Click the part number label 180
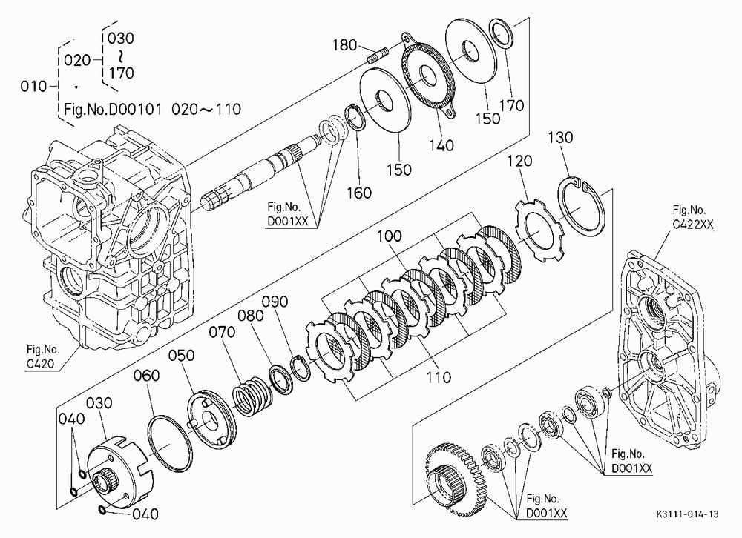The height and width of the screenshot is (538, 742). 344,45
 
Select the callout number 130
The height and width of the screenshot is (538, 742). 560,138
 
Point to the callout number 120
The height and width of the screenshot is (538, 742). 519,162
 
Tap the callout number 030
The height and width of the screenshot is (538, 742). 99,403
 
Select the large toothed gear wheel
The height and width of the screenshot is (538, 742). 453,479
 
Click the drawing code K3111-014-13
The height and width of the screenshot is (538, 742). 687,514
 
